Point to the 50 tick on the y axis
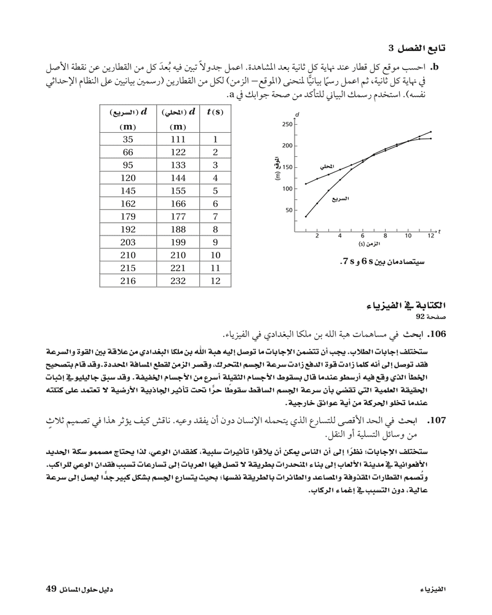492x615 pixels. coord(290,210)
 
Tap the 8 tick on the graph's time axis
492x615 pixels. coord(385,236)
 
